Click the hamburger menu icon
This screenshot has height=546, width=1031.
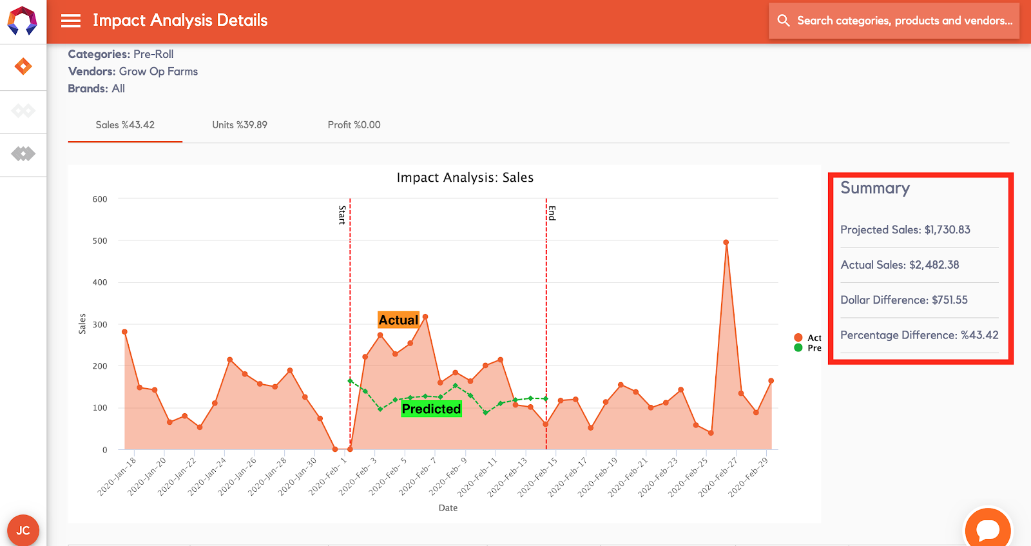(71, 21)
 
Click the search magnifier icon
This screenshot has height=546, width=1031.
(784, 21)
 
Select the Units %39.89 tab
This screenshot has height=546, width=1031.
(240, 125)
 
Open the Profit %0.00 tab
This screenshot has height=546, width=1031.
(354, 125)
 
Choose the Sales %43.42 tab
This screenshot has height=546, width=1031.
(125, 125)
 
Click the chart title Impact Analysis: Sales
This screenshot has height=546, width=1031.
(465, 178)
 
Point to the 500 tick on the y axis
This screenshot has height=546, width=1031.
(100, 241)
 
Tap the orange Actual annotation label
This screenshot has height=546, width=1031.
(398, 320)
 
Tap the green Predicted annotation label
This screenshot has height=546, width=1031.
(431, 409)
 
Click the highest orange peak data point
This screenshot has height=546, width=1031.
(726, 243)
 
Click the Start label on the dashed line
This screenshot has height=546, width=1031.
(342, 215)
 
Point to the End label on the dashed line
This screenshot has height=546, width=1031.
(552, 213)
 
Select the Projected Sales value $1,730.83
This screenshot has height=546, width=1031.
(947, 230)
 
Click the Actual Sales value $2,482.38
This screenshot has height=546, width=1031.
(934, 265)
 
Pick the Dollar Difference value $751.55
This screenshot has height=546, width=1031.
(949, 300)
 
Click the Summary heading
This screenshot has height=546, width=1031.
(875, 188)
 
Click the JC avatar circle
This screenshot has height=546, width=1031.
(23, 530)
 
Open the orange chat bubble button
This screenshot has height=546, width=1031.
(987, 529)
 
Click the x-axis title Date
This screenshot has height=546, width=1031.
(448, 508)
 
